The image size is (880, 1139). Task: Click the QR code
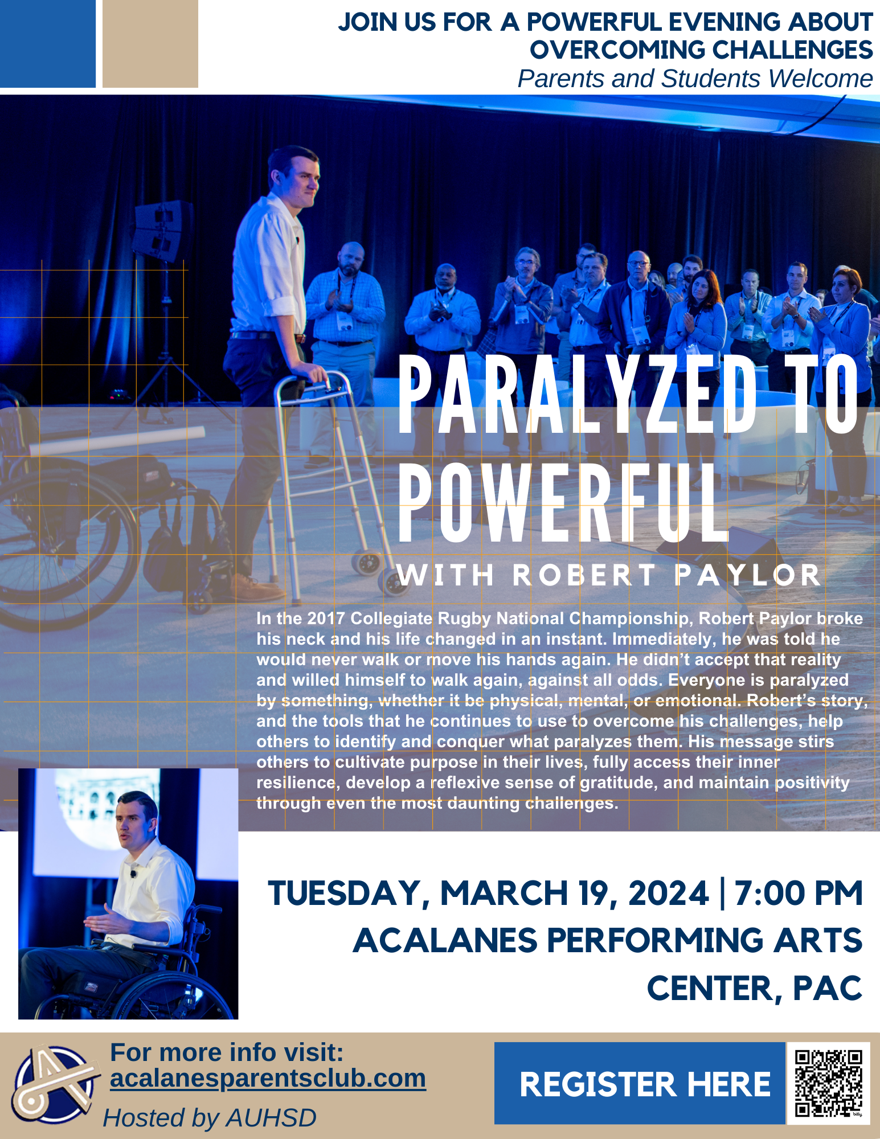828,1083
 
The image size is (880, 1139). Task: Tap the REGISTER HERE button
640,1083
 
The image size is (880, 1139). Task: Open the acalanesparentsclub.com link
268,1078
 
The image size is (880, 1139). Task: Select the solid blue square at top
48,44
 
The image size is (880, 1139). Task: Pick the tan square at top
150,44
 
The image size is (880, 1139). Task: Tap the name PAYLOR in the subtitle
747,575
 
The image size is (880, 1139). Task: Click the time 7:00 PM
799,893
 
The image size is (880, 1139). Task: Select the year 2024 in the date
669,893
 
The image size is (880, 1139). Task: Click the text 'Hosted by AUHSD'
210,1118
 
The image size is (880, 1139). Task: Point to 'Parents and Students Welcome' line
695,79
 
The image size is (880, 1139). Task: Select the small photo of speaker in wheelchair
128,894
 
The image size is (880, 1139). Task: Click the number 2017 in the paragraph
326,618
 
